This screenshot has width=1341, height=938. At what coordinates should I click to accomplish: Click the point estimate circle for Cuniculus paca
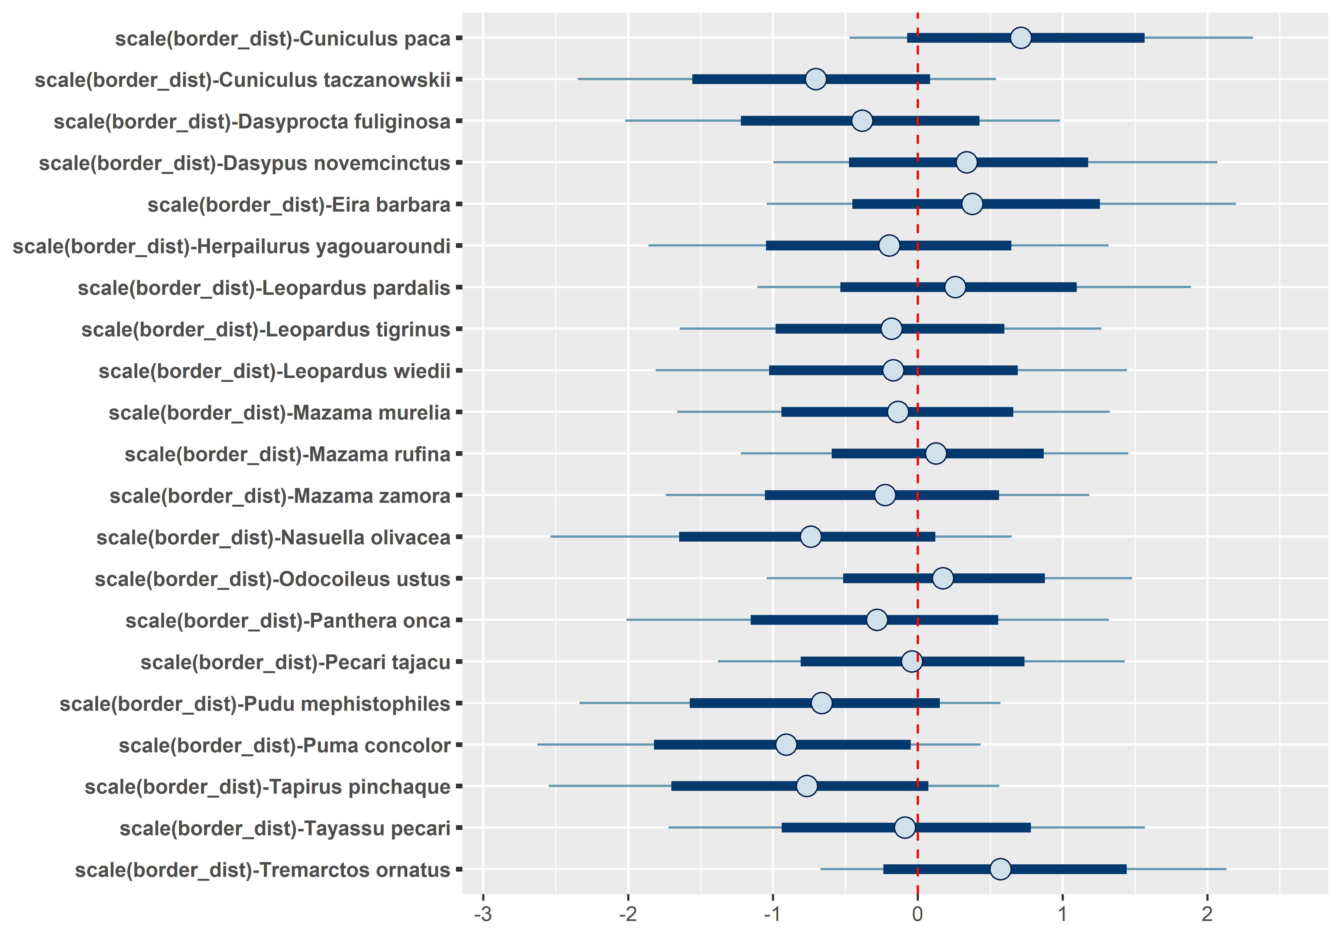click(x=1020, y=38)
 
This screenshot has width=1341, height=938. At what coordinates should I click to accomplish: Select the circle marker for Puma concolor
click(x=786, y=745)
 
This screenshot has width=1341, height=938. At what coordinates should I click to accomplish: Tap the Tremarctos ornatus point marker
click(x=1000, y=869)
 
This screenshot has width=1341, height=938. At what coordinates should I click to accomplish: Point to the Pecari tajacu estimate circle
click(x=912, y=661)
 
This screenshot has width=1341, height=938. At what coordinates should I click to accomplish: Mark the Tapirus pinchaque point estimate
click(x=807, y=786)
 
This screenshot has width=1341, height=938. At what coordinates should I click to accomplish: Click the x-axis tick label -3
click(x=483, y=915)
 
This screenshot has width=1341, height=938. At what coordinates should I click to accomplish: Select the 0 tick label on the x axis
click(x=917, y=915)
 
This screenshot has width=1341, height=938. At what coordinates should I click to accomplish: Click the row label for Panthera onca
click(x=288, y=621)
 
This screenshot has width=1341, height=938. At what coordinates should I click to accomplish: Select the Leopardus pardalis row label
click(x=264, y=288)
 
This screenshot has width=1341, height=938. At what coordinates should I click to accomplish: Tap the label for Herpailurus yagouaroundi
click(x=231, y=246)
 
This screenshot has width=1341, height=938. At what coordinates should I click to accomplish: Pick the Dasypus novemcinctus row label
click(x=245, y=163)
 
